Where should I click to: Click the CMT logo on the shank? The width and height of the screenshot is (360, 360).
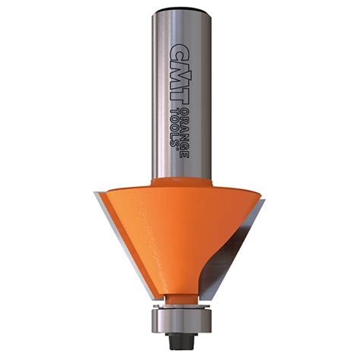click(179, 60)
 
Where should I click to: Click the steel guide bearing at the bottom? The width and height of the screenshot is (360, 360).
click(180, 318)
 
